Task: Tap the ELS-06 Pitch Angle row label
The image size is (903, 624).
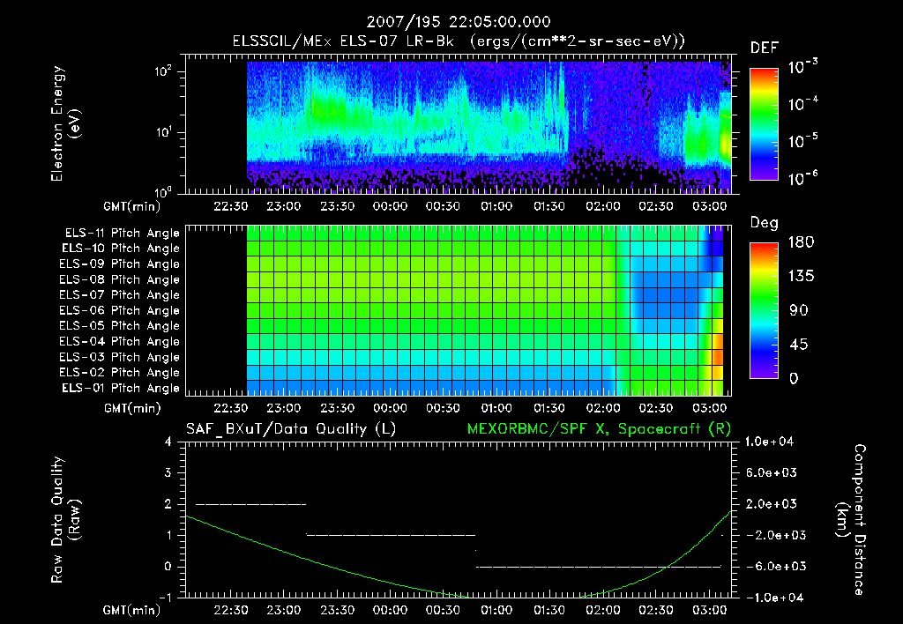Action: [x=119, y=310]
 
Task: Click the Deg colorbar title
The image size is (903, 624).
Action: [x=764, y=223]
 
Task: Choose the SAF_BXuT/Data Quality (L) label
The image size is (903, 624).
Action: [x=290, y=428]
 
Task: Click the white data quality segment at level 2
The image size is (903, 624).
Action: [x=250, y=504]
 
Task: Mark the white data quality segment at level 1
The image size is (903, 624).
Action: [x=390, y=535]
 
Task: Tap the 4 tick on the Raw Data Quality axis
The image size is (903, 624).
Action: [x=168, y=442]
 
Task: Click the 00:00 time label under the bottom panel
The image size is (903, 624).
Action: [x=391, y=610]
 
